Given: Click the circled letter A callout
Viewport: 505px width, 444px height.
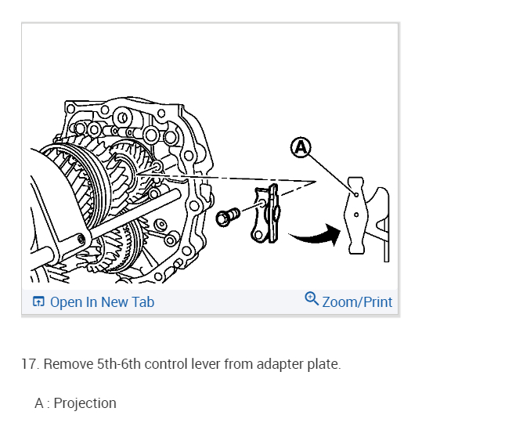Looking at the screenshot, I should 301,147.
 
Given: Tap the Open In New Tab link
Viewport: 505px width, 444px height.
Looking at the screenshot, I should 102,301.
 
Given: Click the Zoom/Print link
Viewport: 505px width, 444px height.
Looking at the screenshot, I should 357,301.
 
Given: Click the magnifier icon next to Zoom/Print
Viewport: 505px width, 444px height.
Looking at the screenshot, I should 312,299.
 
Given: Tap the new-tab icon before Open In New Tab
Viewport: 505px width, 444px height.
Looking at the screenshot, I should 38,301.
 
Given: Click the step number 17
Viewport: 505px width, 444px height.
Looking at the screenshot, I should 29,364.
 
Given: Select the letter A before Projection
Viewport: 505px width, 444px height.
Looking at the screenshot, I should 39,403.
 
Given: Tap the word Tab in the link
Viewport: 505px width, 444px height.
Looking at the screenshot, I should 143,301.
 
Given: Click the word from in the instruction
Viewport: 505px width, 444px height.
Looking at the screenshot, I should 240,364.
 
